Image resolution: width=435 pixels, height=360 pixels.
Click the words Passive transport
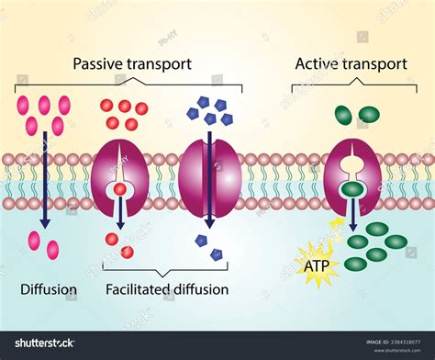coord(132,64)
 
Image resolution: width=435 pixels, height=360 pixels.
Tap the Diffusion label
coord(49,290)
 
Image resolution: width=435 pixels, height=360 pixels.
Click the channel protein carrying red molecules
coord(119,180)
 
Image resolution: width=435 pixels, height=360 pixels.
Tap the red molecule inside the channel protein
coord(119,191)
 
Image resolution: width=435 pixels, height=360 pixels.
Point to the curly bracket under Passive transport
coord(128,85)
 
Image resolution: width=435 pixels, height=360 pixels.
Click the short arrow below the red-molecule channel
coord(119,213)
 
